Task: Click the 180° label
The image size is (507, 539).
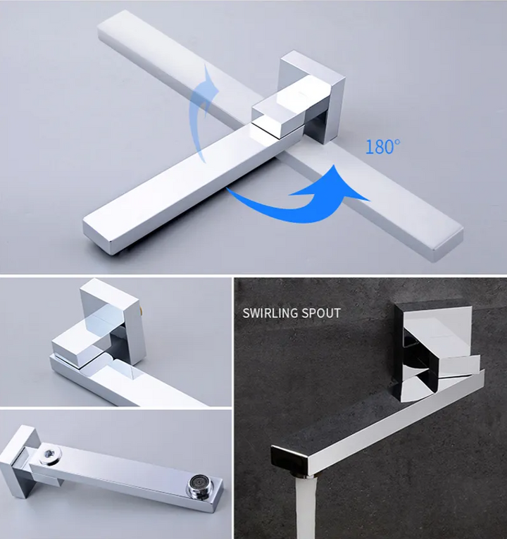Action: coord(382,147)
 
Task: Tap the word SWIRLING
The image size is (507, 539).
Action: coord(270,313)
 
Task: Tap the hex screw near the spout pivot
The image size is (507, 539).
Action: coord(50,455)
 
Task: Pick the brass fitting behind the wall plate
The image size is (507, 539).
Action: coord(141,312)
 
